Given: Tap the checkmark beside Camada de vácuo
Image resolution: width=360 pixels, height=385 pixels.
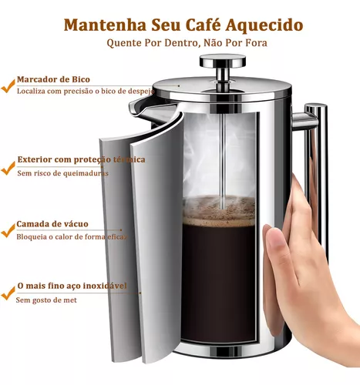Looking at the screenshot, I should pyautogui.click(x=8, y=226).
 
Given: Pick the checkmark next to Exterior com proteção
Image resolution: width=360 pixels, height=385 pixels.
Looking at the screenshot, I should pyautogui.click(x=8, y=162).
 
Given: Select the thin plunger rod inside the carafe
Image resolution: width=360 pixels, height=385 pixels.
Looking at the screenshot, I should pyautogui.click(x=223, y=154).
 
